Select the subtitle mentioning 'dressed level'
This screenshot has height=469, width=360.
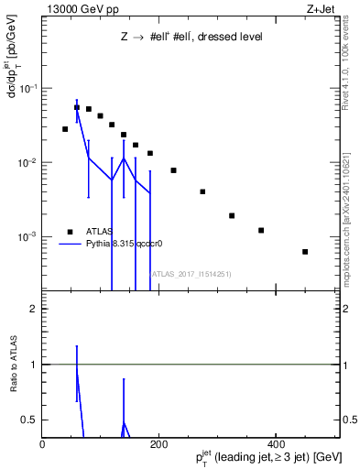click(x=191, y=38)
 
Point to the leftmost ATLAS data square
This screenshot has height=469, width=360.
click(x=65, y=129)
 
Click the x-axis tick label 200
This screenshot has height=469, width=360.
click(x=158, y=444)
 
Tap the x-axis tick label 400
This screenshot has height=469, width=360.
click(x=275, y=444)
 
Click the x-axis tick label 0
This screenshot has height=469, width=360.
click(x=43, y=444)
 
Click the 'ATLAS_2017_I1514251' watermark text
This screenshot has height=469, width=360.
click(x=191, y=273)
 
